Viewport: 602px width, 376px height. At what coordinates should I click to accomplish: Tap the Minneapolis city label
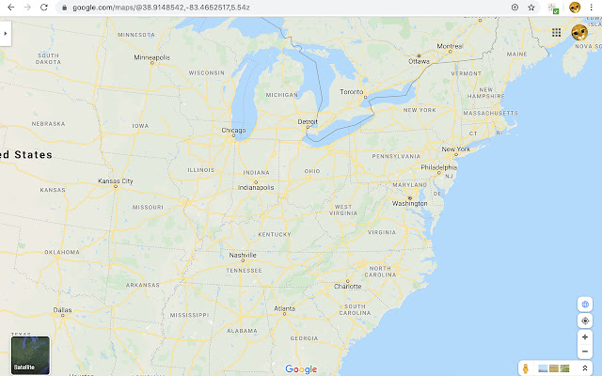[x=151, y=57]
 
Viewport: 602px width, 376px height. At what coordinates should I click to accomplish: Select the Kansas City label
[x=116, y=180]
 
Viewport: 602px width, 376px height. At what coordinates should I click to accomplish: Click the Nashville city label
[x=243, y=255]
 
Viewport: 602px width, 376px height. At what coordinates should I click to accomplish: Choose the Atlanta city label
[x=283, y=308]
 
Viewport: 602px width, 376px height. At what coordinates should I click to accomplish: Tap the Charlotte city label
[x=347, y=286]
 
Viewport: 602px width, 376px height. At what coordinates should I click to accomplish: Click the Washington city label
[x=410, y=203]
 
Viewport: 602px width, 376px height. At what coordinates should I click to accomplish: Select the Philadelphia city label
[x=438, y=167]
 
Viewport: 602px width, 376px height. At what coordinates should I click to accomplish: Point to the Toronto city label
[x=351, y=92]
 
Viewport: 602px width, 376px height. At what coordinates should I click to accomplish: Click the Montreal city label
[x=450, y=46]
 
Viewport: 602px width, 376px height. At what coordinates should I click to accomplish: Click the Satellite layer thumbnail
[x=30, y=355]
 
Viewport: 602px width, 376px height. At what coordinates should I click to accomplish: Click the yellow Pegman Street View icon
[x=528, y=368]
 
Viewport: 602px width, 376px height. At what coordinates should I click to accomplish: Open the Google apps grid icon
[x=557, y=32]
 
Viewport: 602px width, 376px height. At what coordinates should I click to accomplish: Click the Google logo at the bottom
[x=301, y=369]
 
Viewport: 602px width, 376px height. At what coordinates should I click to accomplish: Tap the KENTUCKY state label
[x=275, y=234]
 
